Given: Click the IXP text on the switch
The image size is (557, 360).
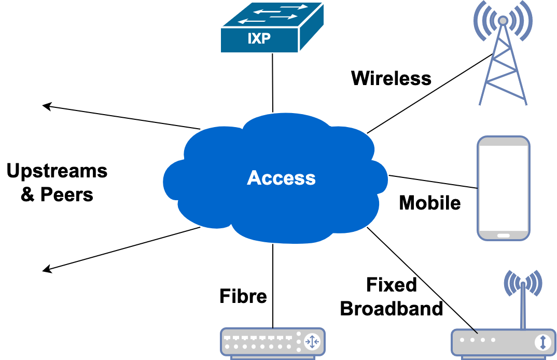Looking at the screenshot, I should pyautogui.click(x=259, y=38).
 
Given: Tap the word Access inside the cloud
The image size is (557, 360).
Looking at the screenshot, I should pyautogui.click(x=281, y=178).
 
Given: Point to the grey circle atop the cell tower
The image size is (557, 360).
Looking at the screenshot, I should pyautogui.click(x=503, y=21).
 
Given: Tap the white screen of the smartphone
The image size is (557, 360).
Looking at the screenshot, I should pyautogui.click(x=503, y=187).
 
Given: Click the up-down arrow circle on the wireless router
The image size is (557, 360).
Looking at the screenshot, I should pyautogui.click(x=542, y=342).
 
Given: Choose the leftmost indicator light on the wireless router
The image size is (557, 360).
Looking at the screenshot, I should pyautogui.click(x=463, y=340).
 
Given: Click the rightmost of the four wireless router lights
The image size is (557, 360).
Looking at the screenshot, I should pyautogui.click(x=493, y=340).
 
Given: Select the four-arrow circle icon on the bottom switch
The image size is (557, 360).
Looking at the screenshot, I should pyautogui.click(x=312, y=341).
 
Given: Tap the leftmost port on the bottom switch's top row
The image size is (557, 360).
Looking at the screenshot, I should pyautogui.click(x=227, y=337).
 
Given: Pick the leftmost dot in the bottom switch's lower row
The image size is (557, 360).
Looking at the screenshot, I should pyautogui.click(x=227, y=346).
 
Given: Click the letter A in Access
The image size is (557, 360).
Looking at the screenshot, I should pyautogui.click(x=254, y=178).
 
